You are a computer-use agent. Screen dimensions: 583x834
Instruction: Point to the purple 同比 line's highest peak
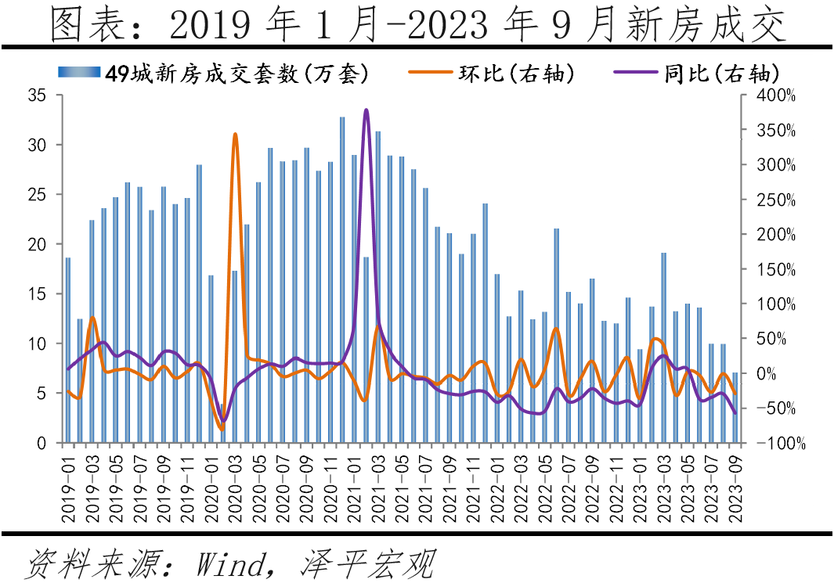[366, 110]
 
